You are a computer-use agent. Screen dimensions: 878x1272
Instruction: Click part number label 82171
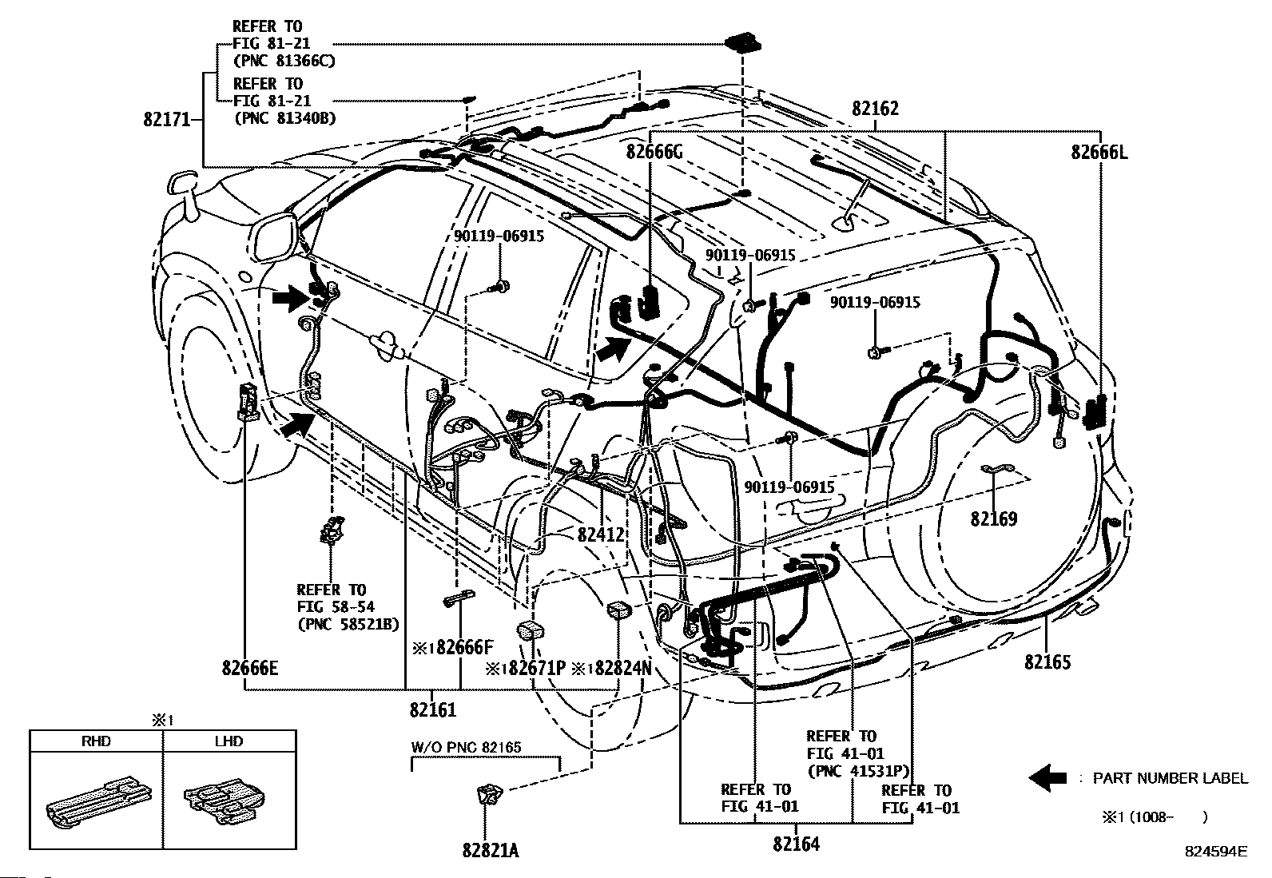(167, 120)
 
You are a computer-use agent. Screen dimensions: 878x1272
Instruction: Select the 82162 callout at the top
(875, 109)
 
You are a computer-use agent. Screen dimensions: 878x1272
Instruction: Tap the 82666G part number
(654, 152)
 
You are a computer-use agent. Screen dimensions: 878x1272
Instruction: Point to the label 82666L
(1100, 152)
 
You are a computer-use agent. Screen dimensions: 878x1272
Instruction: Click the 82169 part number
(994, 519)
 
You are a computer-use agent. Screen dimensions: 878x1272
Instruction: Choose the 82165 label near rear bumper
(1048, 661)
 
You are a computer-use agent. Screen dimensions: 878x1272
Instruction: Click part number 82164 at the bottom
(797, 844)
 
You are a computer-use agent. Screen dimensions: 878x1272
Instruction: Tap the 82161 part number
(433, 709)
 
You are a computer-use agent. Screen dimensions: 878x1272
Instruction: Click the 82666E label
(250, 668)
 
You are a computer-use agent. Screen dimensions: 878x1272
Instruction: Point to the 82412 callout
(600, 534)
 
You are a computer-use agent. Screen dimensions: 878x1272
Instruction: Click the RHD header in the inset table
(96, 741)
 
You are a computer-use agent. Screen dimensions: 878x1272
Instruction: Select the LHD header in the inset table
(229, 741)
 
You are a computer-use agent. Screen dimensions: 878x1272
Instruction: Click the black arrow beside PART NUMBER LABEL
(1047, 777)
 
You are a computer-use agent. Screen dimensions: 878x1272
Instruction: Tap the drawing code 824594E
(1215, 852)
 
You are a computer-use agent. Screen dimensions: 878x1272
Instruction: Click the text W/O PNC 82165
(466, 748)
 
